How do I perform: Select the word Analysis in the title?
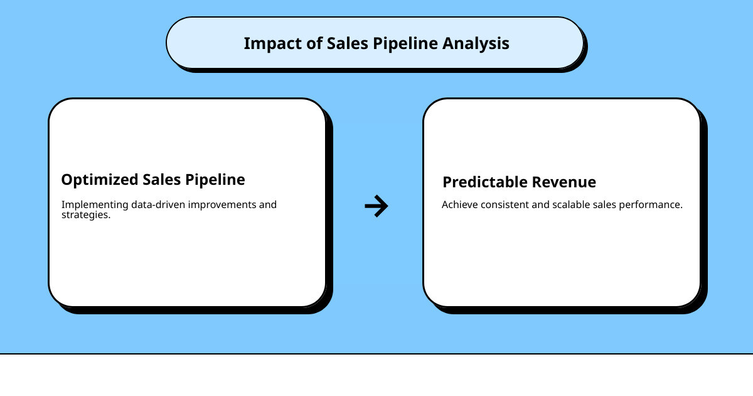point(476,43)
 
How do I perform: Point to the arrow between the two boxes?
point(376,206)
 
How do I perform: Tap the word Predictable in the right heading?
point(486,182)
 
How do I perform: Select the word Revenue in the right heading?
point(565,182)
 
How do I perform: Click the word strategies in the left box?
point(85,215)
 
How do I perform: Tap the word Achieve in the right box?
point(459,205)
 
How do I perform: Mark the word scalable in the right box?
point(572,205)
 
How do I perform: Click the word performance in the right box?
point(651,205)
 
